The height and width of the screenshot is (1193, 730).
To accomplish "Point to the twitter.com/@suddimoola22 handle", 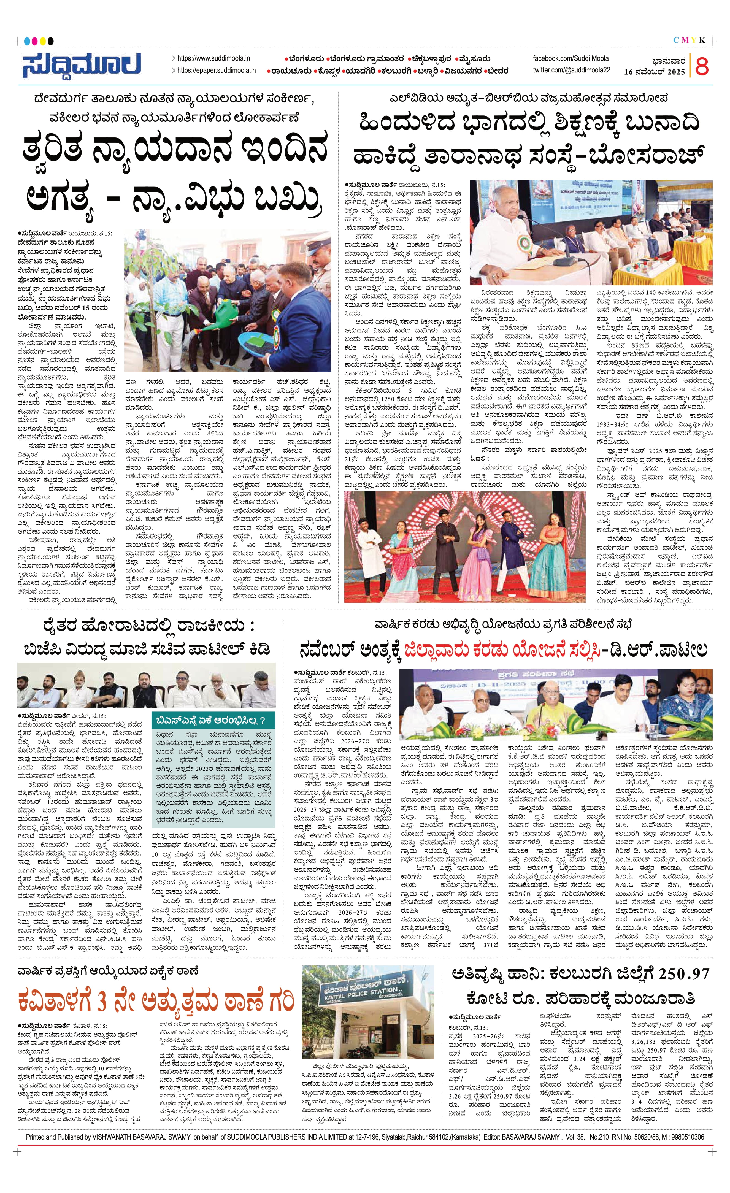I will click(571, 71).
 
